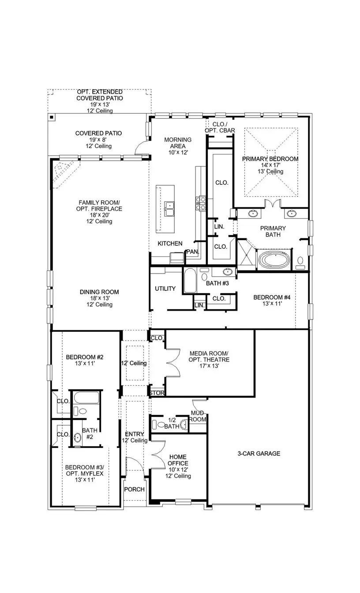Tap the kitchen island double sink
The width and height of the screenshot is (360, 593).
(x=169, y=206)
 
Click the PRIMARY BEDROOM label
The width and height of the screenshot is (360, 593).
(x=270, y=159)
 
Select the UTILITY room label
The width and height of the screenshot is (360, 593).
(x=165, y=289)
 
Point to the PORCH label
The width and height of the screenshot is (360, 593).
(x=134, y=489)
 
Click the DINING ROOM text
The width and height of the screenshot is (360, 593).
(x=99, y=292)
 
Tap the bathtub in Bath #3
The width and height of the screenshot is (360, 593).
(x=190, y=281)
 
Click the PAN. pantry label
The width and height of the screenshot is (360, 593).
(x=192, y=251)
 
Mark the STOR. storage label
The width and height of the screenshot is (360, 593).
(x=157, y=393)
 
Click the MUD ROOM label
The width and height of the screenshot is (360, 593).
(x=198, y=416)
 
